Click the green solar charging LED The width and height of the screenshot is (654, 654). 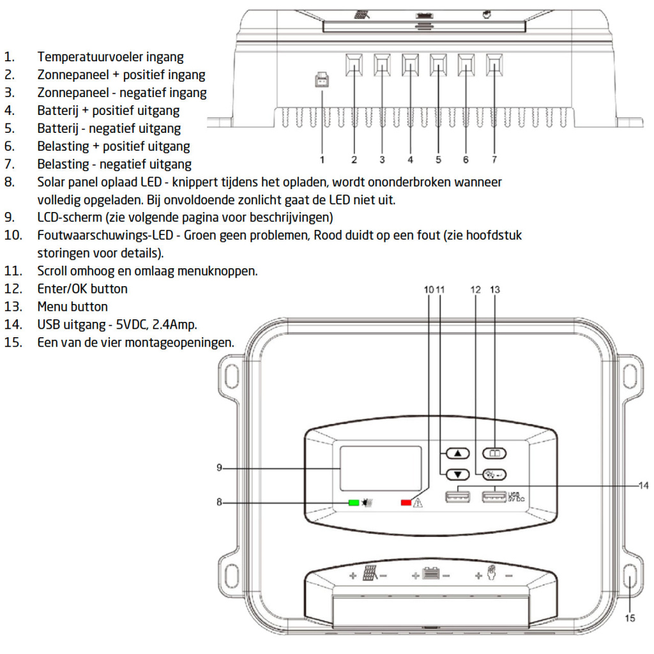click(x=353, y=503)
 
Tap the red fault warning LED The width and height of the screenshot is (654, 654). click(x=406, y=503)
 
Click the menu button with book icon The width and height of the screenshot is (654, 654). click(x=494, y=453)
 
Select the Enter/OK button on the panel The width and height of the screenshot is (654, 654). click(x=494, y=474)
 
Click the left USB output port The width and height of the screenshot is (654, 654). click(x=457, y=495)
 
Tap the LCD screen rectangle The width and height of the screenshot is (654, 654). click(x=380, y=468)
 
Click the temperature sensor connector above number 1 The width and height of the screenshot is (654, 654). click(x=322, y=80)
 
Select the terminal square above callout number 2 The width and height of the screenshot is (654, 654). click(x=354, y=64)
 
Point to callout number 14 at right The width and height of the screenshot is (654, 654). click(x=644, y=485)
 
